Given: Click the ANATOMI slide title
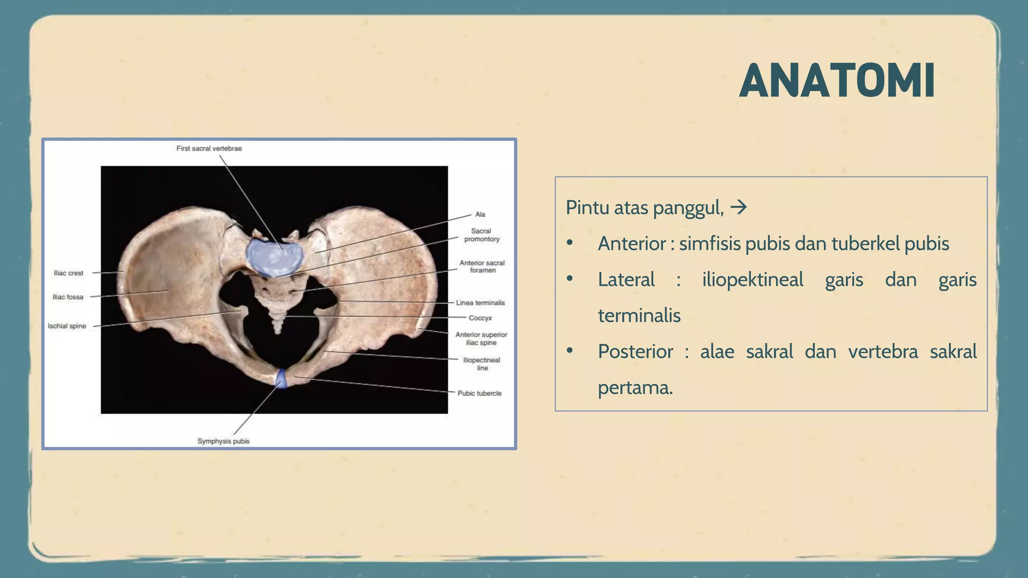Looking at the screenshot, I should pyautogui.click(x=837, y=81).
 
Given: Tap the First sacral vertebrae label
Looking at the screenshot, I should pyautogui.click(x=209, y=149).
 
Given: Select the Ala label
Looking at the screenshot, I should pyautogui.click(x=480, y=214).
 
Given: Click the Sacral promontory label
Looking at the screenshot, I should pyautogui.click(x=481, y=235).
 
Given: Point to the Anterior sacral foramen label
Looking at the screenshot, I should pyautogui.click(x=482, y=266).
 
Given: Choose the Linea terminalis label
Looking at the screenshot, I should pyautogui.click(x=480, y=303).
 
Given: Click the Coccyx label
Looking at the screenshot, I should pyautogui.click(x=480, y=318).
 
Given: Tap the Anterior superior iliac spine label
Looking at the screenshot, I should pyautogui.click(x=481, y=339).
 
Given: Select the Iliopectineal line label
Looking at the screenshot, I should pyautogui.click(x=481, y=364).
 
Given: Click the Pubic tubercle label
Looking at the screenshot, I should pyautogui.click(x=479, y=393).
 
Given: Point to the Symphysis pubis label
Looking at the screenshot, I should pyautogui.click(x=223, y=441).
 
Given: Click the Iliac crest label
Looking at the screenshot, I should pyautogui.click(x=68, y=273).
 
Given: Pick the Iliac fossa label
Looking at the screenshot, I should pyautogui.click(x=68, y=297).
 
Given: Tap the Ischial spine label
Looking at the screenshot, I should pyautogui.click(x=67, y=326).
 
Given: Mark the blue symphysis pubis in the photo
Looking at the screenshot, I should pyautogui.click(x=282, y=378).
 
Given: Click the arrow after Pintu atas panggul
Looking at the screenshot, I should pyautogui.click(x=738, y=207).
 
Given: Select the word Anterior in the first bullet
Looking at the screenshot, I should pyautogui.click(x=631, y=244).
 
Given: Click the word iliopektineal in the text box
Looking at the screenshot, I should pyautogui.click(x=752, y=279).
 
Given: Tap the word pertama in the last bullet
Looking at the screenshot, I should pyautogui.click(x=634, y=388).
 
